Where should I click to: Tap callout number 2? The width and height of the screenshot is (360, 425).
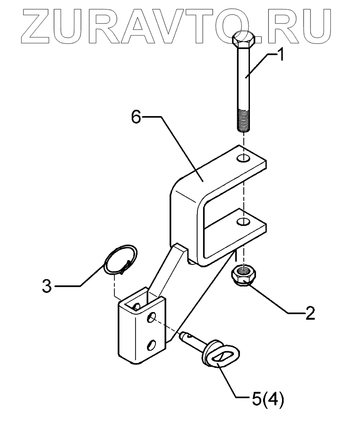pos(309,313)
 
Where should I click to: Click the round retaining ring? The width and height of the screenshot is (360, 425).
pos(120,259)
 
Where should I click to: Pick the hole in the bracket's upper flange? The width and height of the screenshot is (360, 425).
pos(243,157)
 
